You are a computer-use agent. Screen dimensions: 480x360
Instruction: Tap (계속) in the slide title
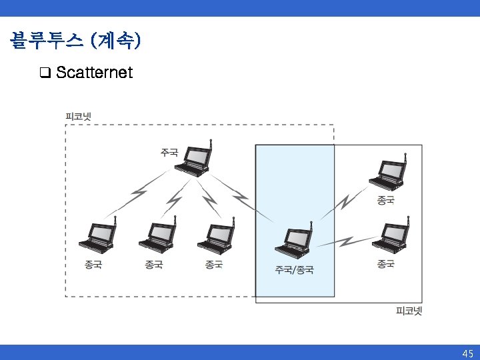(118, 41)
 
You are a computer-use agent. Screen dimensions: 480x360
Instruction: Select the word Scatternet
(95, 72)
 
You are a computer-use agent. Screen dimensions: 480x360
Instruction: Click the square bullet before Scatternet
(45, 72)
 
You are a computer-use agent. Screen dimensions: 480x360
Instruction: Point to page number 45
(467, 353)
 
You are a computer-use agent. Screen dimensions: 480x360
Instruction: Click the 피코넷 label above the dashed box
(78, 116)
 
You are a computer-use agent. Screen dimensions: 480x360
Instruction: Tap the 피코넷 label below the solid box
(409, 311)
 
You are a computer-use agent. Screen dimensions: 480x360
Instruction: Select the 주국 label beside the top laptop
(169, 152)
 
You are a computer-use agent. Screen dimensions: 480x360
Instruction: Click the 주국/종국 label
(295, 270)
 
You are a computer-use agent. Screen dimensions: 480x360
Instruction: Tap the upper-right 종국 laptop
(388, 175)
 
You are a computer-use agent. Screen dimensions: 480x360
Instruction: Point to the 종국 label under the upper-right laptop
(385, 199)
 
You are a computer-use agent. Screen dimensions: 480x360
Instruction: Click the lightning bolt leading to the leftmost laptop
(138, 193)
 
